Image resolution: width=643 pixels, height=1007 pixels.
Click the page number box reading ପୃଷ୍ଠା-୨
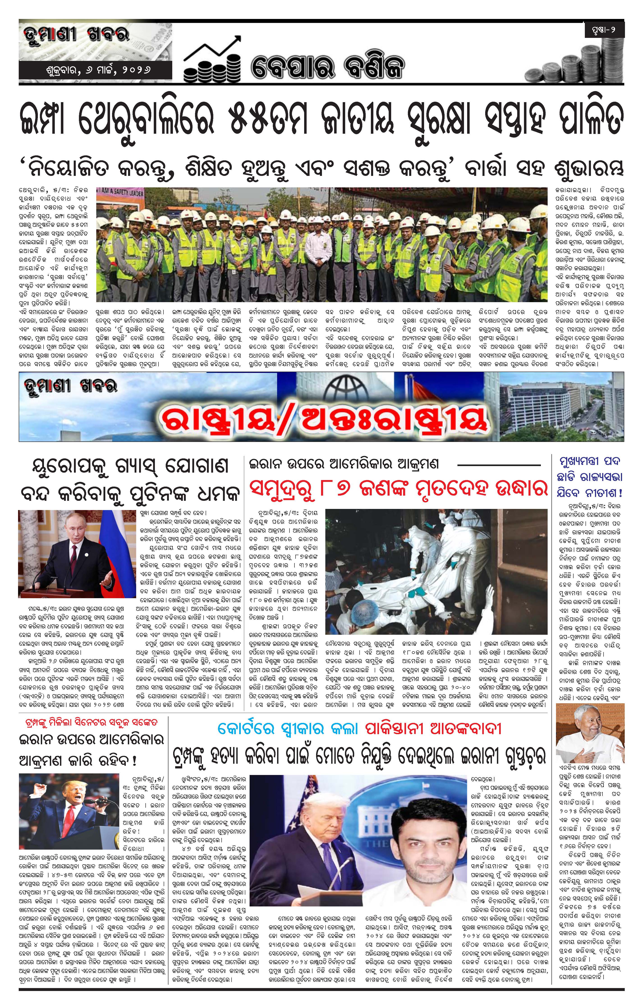pyautogui.click(x=604, y=30)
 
